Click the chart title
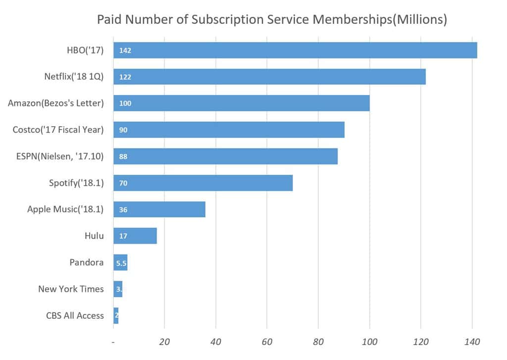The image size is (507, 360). [272, 20]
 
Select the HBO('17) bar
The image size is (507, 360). [295, 51]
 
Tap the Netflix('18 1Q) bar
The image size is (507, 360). [269, 77]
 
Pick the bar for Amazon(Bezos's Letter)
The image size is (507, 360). [242, 103]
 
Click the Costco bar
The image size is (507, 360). [229, 130]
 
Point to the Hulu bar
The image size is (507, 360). [135, 236]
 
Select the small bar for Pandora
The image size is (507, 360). [121, 262]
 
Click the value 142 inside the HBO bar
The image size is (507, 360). [125, 51]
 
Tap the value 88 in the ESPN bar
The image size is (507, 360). [123, 156]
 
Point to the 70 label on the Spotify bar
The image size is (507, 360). [123, 183]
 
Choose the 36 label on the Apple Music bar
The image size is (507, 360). [123, 209]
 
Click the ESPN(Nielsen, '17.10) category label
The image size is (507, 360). [58, 156]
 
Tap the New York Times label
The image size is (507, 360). [71, 289]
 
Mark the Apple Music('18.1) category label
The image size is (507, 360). [65, 209]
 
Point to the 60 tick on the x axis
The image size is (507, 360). [267, 342]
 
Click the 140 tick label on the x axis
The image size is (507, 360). [472, 342]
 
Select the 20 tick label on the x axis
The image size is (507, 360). [164, 342]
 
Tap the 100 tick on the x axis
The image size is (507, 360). [369, 342]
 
